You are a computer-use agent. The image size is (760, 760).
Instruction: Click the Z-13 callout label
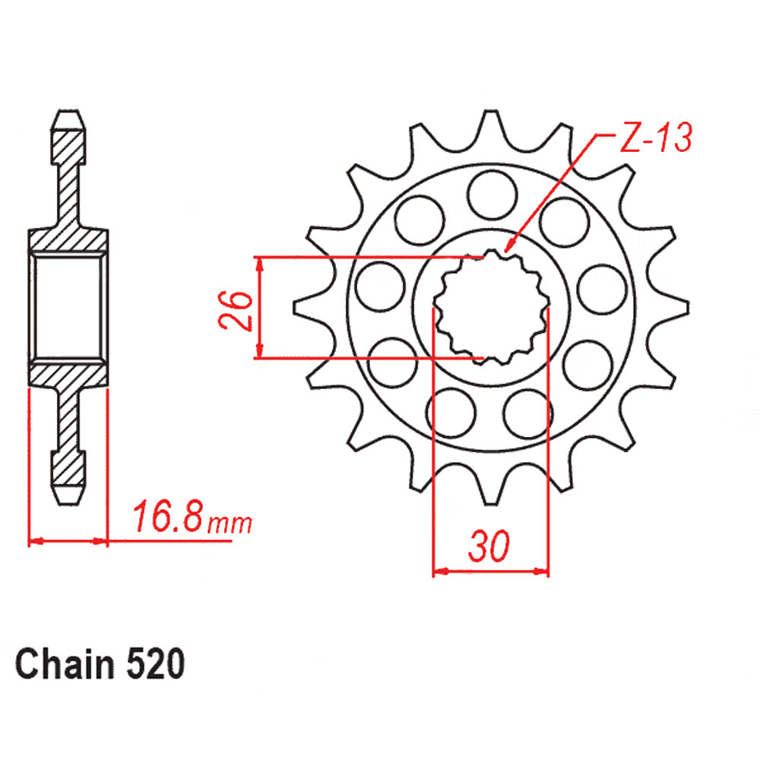click(656, 137)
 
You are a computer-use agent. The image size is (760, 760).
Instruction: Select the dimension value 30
click(489, 546)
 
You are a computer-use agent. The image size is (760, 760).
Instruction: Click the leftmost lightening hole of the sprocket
click(379, 287)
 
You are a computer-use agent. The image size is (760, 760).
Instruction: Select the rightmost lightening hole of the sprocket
click(602, 290)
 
